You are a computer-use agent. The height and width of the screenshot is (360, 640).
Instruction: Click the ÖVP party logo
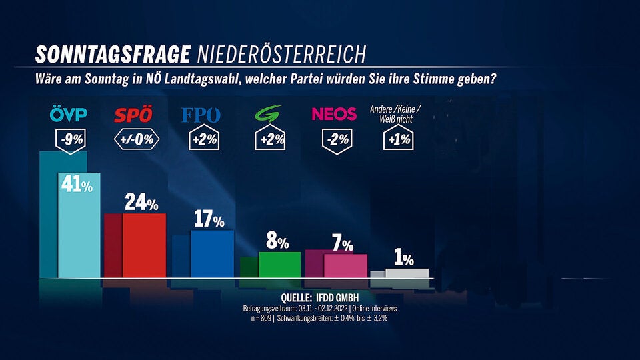point(68,115)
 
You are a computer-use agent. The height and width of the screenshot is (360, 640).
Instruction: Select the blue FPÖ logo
point(201,115)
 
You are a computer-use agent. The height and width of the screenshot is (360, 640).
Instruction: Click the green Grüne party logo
point(269,115)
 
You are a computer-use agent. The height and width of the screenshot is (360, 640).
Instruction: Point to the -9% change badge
point(70,141)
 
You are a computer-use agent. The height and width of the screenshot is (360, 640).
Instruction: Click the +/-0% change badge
point(136,140)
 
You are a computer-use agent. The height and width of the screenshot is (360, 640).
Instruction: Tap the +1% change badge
point(399,140)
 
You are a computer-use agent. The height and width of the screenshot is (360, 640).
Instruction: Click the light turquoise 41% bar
point(79,233)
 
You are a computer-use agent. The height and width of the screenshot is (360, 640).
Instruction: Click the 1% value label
point(403,259)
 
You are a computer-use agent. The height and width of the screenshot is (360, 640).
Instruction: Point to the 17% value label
point(209,219)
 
